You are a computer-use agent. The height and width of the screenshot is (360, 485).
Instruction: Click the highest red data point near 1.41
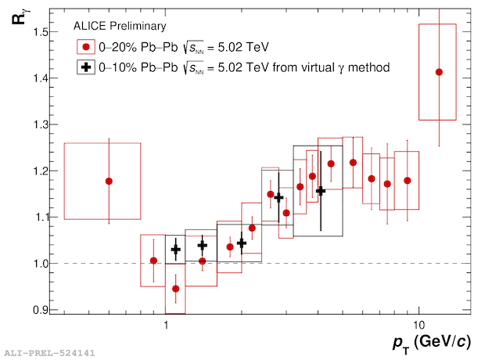click(x=439, y=72)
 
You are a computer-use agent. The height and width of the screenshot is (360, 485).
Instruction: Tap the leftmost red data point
click(x=109, y=181)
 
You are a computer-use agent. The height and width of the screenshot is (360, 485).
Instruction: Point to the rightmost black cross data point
click(x=320, y=191)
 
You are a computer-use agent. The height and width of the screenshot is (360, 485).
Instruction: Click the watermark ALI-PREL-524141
click(x=49, y=353)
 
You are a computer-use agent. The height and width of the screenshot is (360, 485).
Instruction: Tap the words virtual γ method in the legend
click(x=349, y=68)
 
